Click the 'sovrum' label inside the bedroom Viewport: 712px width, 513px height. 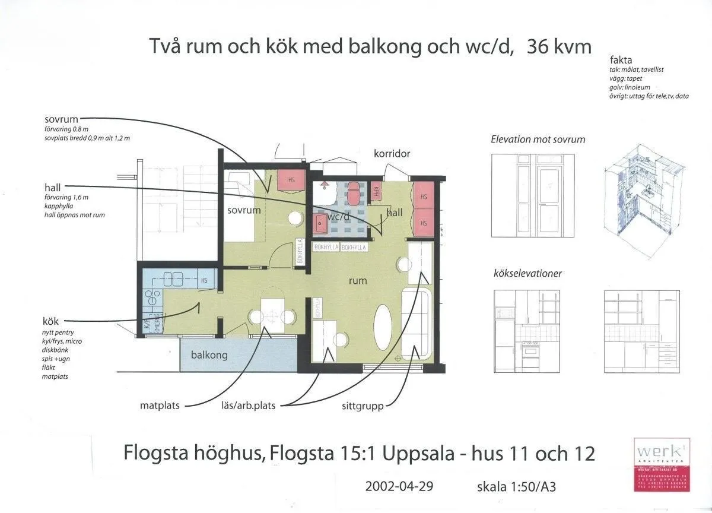pos(243,210)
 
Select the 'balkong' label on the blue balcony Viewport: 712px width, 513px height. pos(209,355)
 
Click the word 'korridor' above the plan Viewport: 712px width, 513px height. pos(392,154)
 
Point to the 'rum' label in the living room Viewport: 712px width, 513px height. pos(358,280)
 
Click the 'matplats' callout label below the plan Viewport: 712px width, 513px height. pos(160,406)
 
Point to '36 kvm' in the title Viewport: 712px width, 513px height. pos(559,46)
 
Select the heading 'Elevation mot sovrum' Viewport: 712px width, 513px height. pos(538,140)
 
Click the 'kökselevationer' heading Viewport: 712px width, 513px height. pos(527,274)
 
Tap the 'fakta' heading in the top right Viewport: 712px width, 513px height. pos(621,60)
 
